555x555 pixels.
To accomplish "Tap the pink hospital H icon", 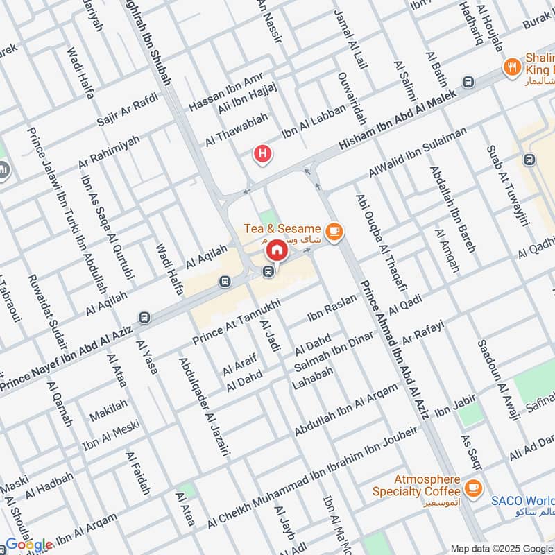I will click(262, 153).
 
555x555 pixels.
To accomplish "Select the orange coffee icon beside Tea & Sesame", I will click(334, 230).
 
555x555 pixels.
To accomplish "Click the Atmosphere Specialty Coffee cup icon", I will click(473, 488).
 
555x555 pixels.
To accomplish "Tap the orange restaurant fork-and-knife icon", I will click(512, 67).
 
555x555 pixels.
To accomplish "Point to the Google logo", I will click(29, 545).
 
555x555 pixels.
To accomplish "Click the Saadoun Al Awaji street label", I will click(498, 381).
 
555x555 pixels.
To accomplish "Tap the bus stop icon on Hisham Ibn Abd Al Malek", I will click(469, 82).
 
